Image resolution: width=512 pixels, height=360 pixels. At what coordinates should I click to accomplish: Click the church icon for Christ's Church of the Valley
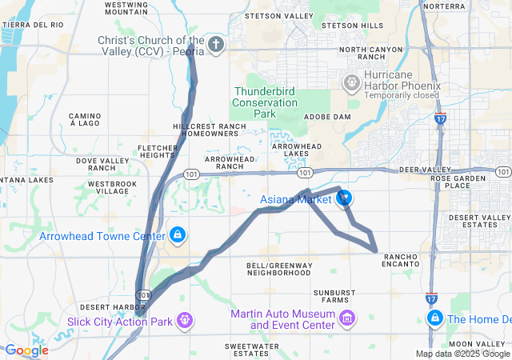[216, 44]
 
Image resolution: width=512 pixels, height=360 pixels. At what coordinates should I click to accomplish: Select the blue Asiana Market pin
[346, 199]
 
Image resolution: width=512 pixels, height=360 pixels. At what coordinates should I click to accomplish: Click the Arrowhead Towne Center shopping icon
[177, 236]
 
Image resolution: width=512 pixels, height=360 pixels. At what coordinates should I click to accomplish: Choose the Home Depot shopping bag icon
[434, 319]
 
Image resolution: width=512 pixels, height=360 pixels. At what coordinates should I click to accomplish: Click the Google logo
[26, 350]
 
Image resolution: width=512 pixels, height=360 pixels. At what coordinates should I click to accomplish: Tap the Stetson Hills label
[351, 26]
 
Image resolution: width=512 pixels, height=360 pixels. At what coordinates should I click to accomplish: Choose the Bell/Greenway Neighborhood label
[280, 269]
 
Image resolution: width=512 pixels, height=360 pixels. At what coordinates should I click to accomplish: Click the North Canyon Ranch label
[370, 54]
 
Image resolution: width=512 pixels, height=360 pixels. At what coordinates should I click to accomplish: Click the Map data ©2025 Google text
[462, 354]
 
